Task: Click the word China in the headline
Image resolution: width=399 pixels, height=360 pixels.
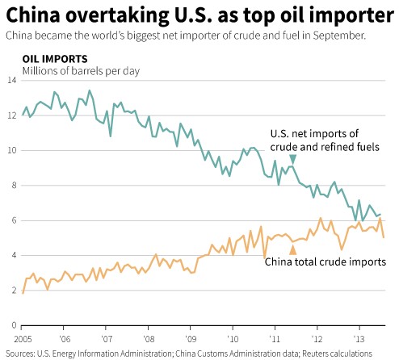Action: point(33,15)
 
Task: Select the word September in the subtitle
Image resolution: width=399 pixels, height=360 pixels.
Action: point(339,36)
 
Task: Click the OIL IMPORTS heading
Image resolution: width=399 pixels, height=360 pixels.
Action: point(55,59)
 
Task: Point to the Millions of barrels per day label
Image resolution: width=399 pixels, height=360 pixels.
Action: point(81,71)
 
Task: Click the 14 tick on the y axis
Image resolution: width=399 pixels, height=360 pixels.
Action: point(12,80)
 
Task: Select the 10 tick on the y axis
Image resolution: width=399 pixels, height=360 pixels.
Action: point(12,150)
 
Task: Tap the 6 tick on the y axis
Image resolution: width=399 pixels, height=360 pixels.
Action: point(14,220)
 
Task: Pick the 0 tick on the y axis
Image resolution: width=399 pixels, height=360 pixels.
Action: point(14,325)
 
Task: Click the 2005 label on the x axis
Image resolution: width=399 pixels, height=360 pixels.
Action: point(23,339)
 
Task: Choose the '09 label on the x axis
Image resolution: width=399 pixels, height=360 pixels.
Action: point(191,339)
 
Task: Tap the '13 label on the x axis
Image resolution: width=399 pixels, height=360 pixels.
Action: point(360,339)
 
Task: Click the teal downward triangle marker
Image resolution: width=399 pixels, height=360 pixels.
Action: point(293,159)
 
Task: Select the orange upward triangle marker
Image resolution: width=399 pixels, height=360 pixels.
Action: point(293,250)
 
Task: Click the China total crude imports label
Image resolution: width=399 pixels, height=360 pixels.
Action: point(325,262)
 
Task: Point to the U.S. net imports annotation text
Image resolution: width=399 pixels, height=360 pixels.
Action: point(325,140)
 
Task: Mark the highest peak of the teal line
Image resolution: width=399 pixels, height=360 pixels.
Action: point(90,90)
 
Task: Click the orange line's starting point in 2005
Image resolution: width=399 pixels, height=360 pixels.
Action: point(23,293)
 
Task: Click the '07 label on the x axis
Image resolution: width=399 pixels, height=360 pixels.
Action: point(107,339)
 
